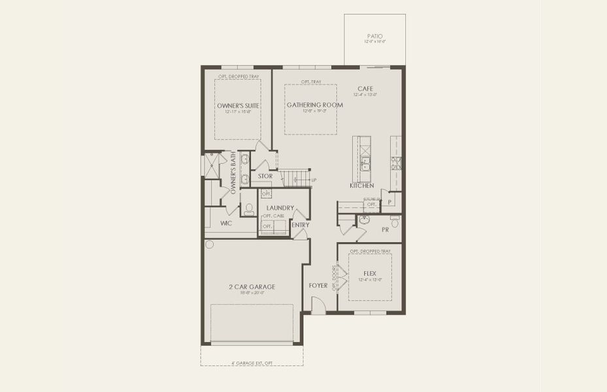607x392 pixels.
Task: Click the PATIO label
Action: click(x=374, y=37)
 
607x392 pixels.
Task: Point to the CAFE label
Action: click(x=365, y=89)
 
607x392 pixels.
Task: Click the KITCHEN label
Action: click(x=361, y=186)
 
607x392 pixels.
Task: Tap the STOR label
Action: click(x=265, y=176)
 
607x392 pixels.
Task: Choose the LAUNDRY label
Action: click(x=274, y=208)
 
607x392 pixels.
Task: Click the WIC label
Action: click(x=226, y=223)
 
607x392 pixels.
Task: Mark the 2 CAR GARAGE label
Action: click(x=252, y=286)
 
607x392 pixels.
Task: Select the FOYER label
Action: click(x=318, y=286)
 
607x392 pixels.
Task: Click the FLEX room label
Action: click(x=370, y=274)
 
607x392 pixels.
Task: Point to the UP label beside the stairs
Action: click(x=314, y=180)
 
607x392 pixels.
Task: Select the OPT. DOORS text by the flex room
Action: click(x=334, y=277)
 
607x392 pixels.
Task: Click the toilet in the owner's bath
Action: click(x=249, y=209)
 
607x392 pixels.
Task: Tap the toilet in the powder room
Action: click(x=394, y=223)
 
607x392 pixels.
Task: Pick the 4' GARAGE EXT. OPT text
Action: click(x=252, y=362)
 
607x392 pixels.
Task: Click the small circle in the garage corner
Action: click(x=209, y=244)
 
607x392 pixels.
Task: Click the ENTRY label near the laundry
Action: click(x=301, y=225)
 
